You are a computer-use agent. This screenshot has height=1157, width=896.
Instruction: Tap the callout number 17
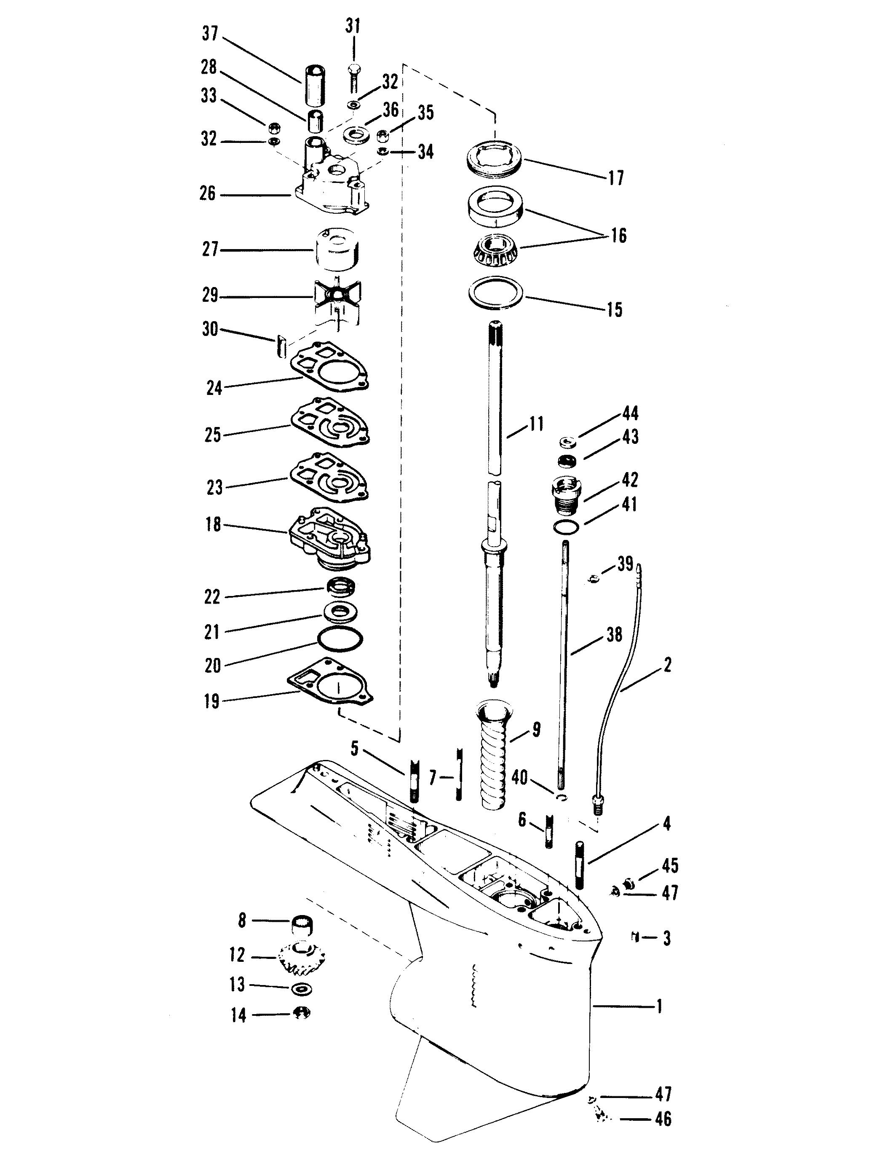(615, 177)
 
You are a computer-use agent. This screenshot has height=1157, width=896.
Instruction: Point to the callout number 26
(208, 194)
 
